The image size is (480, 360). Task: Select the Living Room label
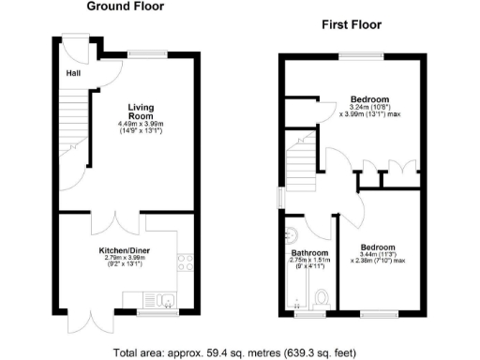(140, 110)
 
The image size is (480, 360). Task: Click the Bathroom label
(308, 253)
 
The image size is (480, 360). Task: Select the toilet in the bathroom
(321, 298)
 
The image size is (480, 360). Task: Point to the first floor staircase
(300, 159)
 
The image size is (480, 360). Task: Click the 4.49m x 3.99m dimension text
(141, 125)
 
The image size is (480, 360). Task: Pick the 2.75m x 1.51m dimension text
(308, 262)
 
